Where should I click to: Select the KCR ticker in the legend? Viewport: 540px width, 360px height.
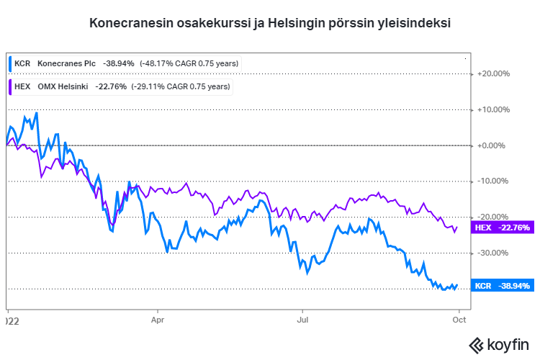click(x=22, y=63)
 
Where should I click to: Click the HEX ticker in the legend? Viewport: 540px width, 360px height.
click(x=22, y=86)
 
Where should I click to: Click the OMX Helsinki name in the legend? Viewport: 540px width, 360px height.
click(x=63, y=86)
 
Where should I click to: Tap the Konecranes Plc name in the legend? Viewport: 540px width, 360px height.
click(x=66, y=63)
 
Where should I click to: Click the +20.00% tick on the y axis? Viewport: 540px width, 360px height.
click(x=494, y=73)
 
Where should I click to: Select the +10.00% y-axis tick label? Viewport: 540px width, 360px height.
click(x=494, y=109)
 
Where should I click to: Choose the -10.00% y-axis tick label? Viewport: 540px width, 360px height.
click(x=495, y=181)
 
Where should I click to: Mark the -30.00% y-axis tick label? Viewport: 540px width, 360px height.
click(x=495, y=253)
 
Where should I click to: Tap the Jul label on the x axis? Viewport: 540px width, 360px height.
click(x=303, y=315)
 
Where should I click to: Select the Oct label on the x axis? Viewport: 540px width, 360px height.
click(x=459, y=315)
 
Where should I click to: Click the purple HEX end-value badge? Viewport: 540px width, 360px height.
click(x=501, y=228)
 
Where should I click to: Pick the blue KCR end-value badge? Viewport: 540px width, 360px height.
click(x=502, y=286)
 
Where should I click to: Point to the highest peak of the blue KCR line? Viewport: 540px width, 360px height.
click(x=36, y=113)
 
